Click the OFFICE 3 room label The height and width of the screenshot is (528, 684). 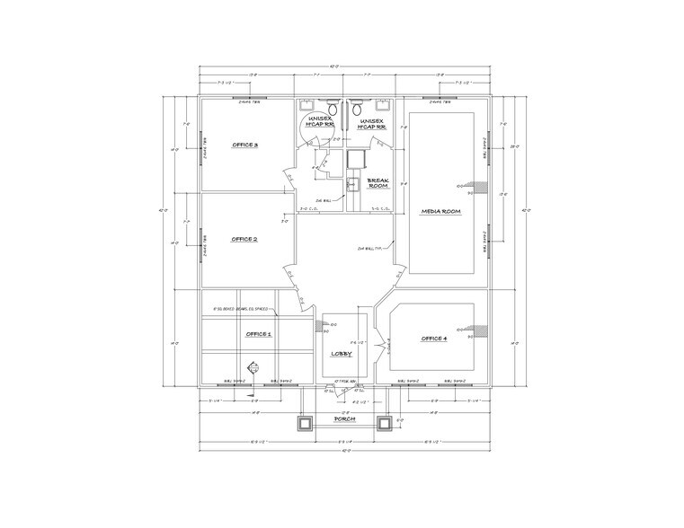click(244, 145)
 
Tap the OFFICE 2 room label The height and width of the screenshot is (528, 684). click(244, 240)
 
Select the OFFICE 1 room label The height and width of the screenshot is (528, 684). click(259, 334)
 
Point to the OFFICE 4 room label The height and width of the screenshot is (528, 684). click(433, 339)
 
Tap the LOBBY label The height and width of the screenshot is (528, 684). click(341, 354)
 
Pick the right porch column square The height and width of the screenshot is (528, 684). click(385, 422)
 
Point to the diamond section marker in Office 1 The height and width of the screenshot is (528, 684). click(253, 366)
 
